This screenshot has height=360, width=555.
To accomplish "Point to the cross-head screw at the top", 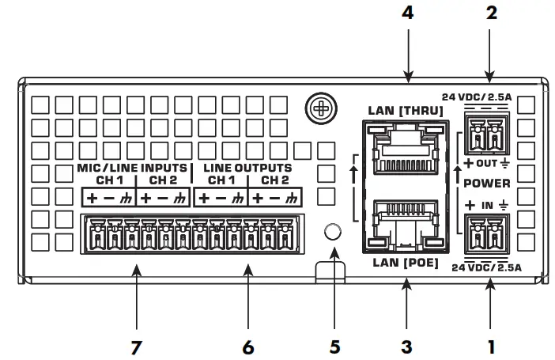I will (319, 107).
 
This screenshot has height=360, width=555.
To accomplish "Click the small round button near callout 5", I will (334, 231).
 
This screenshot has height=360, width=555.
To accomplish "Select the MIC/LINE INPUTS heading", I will (132, 168).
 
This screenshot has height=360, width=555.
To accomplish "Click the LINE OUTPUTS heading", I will (247, 168).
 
